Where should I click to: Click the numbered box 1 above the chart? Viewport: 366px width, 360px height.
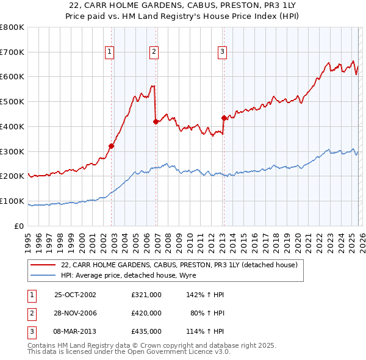click(109, 52)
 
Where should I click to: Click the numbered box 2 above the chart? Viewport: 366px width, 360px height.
click(154, 52)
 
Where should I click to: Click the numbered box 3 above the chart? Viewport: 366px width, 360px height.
click(222, 52)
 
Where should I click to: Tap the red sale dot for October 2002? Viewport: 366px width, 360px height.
click(112, 146)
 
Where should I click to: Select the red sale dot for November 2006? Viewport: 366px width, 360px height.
click(156, 121)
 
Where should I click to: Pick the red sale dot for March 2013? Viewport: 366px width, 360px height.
click(224, 118)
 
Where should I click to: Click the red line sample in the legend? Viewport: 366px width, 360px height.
click(43, 265)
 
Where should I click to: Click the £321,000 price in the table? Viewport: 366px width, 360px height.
click(146, 295)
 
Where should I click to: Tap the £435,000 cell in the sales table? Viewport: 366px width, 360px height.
click(146, 331)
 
